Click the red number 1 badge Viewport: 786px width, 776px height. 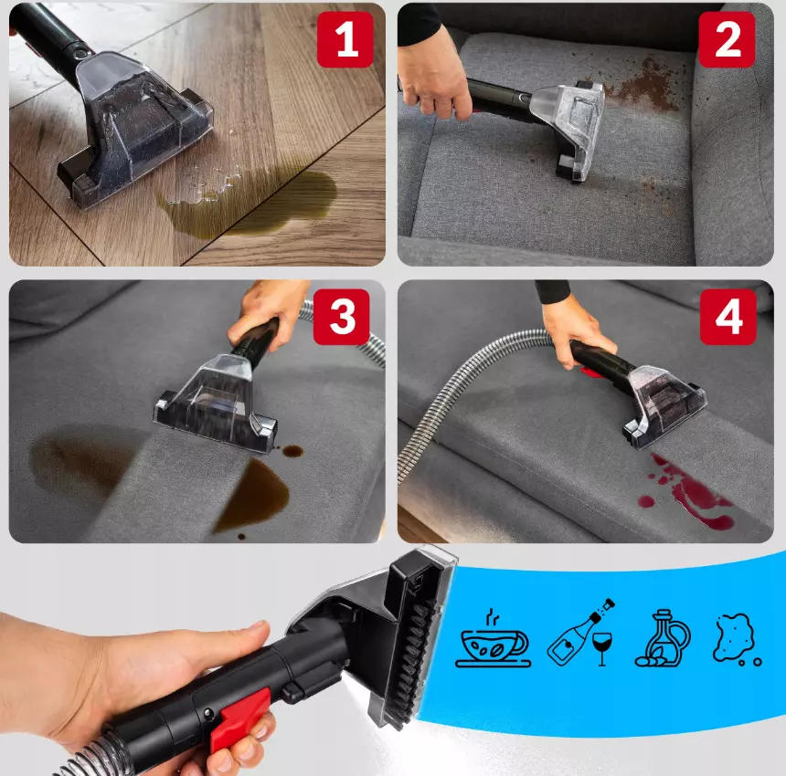tap(345, 39)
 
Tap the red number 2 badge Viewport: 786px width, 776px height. tap(727, 39)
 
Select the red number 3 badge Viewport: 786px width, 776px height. tap(342, 317)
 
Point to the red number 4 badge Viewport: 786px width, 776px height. tap(728, 317)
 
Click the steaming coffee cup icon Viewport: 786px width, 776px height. tap(494, 639)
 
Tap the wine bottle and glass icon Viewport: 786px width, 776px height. tap(581, 632)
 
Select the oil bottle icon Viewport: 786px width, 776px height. tap(663, 638)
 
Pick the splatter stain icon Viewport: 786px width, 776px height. tap(737, 639)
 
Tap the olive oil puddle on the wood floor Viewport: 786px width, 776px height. tap(250, 204)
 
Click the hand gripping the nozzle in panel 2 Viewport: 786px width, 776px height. tap(434, 73)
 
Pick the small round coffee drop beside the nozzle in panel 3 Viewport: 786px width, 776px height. tap(292, 451)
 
